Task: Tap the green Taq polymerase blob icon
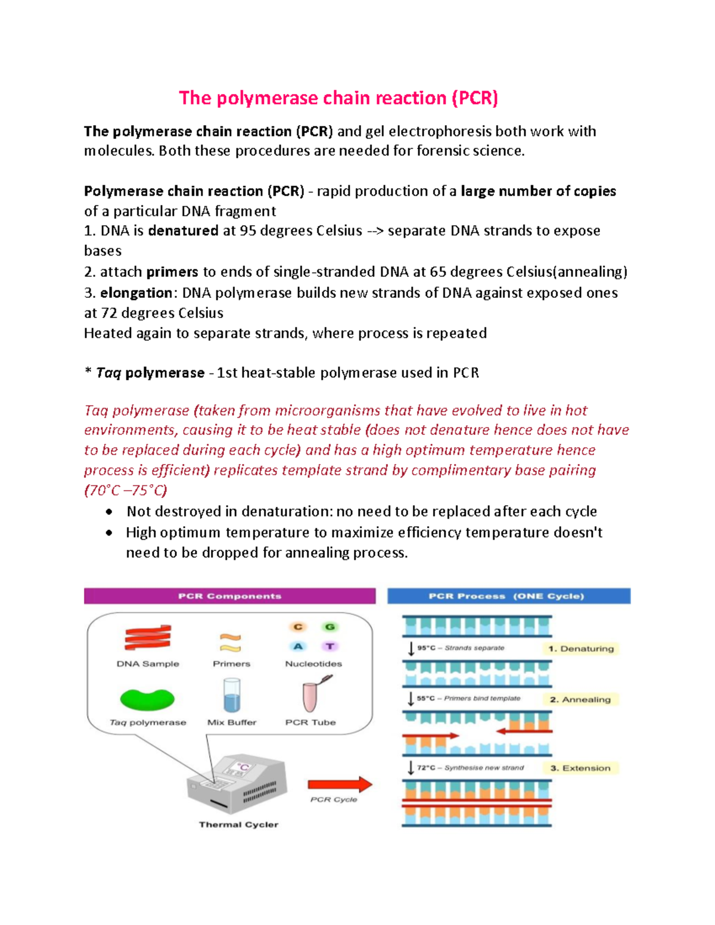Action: [147, 699]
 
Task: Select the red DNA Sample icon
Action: [148, 638]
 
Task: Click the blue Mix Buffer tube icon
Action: [232, 696]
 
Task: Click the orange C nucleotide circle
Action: [298, 627]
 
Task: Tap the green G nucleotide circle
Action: [329, 627]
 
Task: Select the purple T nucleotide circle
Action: [329, 646]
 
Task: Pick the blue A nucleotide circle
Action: [298, 646]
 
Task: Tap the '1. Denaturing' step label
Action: [581, 649]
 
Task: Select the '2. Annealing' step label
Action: [580, 699]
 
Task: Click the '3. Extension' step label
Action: [580, 768]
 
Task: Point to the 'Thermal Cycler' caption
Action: [238, 825]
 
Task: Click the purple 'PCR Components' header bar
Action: [229, 596]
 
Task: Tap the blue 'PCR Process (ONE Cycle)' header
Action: [508, 596]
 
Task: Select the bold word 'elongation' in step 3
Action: [136, 293]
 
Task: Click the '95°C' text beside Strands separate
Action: [425, 648]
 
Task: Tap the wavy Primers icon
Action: [231, 643]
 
